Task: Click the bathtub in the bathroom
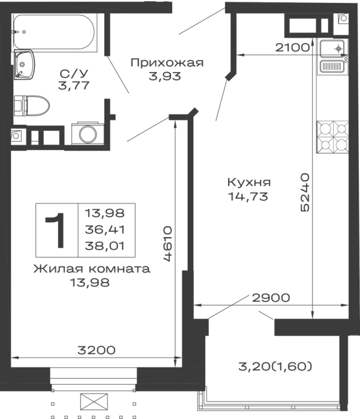pos(53,32)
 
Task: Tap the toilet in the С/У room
pos(32,106)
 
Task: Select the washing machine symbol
pos(88,133)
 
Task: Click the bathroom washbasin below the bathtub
pos(24,64)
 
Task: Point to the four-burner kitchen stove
pos(332,137)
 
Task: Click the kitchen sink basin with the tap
pos(332,49)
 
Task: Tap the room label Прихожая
pos(167,63)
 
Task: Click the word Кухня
pos(249,182)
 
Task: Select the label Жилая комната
pos(92,268)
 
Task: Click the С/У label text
pos(74,73)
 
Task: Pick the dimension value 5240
pos(305,193)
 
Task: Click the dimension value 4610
pos(167,244)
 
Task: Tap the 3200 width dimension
pos(97,350)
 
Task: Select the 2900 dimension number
pos(271,297)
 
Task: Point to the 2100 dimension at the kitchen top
pos(292,47)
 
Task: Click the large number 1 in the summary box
pos(56,231)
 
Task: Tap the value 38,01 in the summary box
pos(104,246)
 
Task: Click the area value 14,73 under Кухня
pos(248,196)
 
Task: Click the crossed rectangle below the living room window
pos(94,402)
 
